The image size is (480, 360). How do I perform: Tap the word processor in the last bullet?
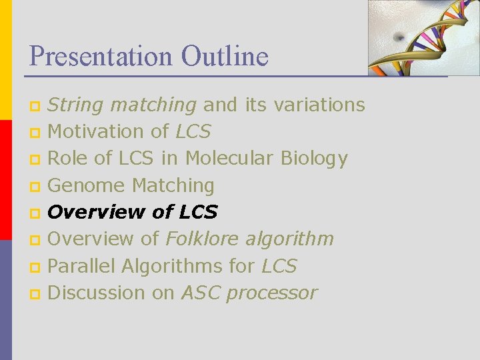point(280,293)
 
